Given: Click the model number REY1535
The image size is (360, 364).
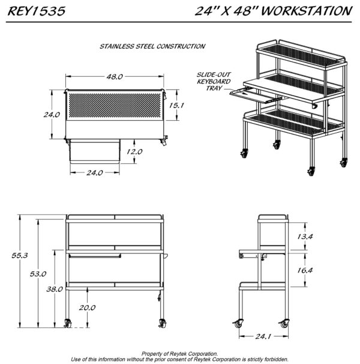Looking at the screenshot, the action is pos(37,11).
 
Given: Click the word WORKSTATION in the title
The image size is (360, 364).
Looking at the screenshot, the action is pos(307,11).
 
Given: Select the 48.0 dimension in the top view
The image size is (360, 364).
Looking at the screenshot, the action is pos(115,77).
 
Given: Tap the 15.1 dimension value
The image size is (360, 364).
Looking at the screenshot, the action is pos(176,105).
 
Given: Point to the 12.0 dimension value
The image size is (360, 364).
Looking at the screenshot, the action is pos(134,151).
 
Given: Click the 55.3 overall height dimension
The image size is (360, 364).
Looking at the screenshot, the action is pos(20,255).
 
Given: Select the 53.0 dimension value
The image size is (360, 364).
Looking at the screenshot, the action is pos(38,274).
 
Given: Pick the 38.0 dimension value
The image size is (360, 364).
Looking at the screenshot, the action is pos(55,289).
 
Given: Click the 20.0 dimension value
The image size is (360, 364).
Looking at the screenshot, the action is pos(87,308).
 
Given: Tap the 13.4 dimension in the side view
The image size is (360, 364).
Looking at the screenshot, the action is pos(305,237).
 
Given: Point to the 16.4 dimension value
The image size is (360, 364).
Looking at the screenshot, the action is pos(305,270).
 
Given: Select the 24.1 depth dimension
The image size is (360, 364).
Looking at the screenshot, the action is pos(263,336).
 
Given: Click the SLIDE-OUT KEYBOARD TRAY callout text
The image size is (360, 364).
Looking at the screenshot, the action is pos(214,82).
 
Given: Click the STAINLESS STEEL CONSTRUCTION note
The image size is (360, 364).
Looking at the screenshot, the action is pos(152,46).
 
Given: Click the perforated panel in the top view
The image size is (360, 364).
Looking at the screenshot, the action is pos(115,105).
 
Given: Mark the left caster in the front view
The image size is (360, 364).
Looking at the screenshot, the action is pos(68,323).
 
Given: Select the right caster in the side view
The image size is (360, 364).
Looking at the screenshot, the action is pos(284,323).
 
